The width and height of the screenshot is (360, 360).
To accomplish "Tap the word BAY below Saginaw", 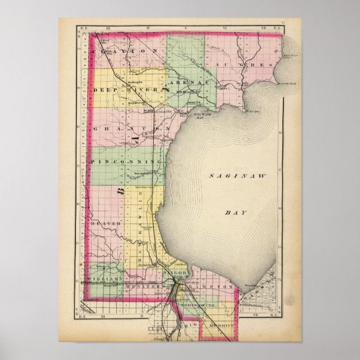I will pyautogui.click(x=231, y=213).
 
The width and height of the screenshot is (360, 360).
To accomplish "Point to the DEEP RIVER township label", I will pyautogui.click(x=131, y=89).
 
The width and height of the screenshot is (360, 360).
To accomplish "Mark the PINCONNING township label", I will pyautogui.click(x=126, y=161).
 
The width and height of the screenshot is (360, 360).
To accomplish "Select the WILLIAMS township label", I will pyautogui.click(x=105, y=278).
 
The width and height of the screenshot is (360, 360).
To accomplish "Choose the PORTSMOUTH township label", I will pyautogui.click(x=193, y=305).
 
